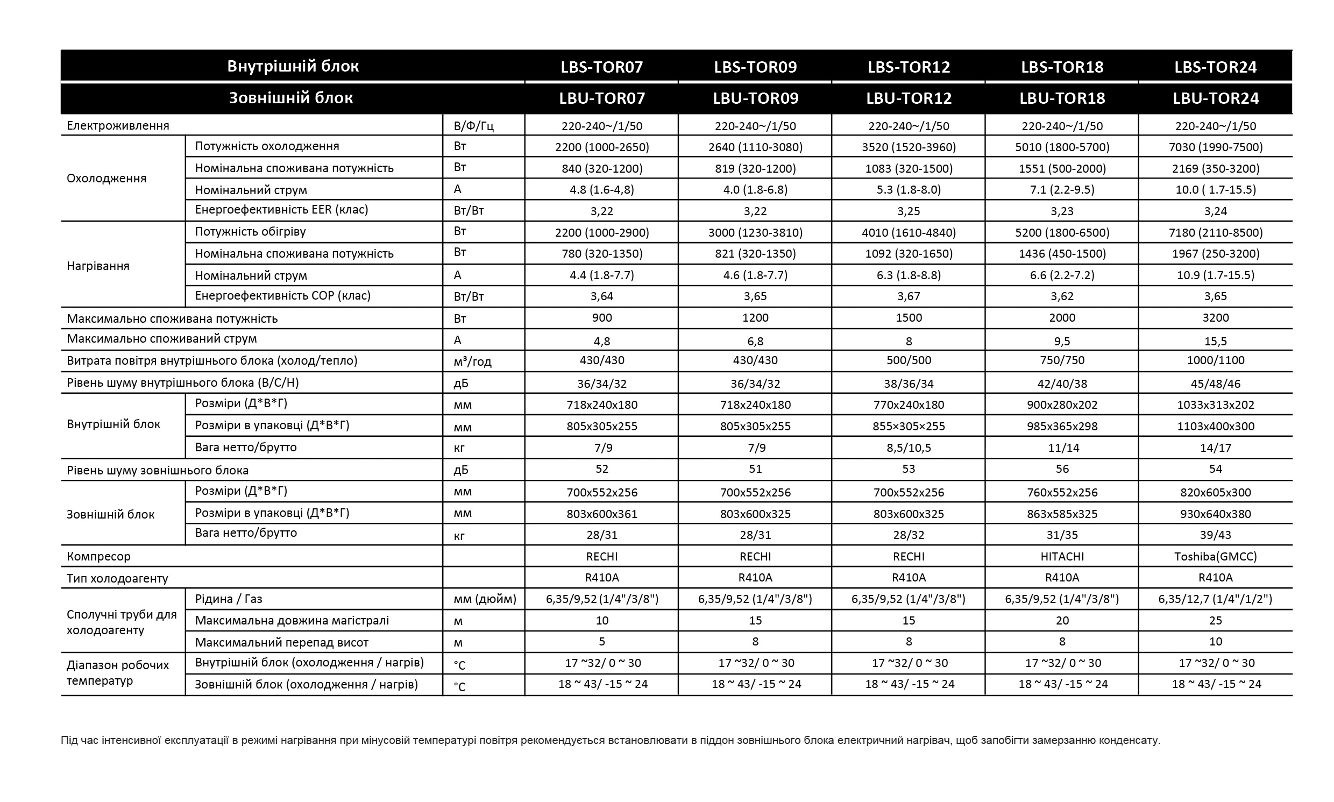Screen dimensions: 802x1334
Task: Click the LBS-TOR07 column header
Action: coord(601,67)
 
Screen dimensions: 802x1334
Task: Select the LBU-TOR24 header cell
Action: coord(1215,98)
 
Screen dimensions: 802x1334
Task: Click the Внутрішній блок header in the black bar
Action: coord(292,67)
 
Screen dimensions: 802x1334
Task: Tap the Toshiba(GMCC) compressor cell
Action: coord(1215,556)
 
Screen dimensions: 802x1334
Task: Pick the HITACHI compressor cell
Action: coord(1062,556)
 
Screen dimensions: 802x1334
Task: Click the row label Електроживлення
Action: coord(118,126)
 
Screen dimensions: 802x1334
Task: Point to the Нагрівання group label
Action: coord(98,266)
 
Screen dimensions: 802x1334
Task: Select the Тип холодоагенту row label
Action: coord(117,578)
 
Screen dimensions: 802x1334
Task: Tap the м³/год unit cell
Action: coord(472,361)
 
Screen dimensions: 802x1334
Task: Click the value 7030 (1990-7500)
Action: coord(1215,147)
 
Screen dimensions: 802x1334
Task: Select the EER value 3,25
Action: coord(908,211)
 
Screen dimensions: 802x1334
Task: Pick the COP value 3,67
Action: coord(908,296)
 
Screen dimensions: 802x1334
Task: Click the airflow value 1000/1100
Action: coord(1215,360)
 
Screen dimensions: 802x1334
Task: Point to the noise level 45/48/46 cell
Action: coord(1215,384)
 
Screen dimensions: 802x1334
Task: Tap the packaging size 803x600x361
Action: coord(601,514)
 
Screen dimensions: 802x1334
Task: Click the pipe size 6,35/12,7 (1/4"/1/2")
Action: coord(1215,599)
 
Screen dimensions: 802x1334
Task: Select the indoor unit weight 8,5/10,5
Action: coord(908,448)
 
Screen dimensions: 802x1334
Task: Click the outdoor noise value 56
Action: coord(1062,469)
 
